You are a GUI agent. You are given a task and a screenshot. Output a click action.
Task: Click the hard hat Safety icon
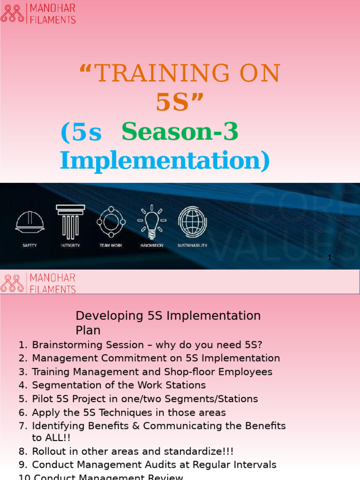pyautogui.click(x=30, y=221)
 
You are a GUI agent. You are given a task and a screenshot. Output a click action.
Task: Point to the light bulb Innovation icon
pyautogui.click(x=151, y=221)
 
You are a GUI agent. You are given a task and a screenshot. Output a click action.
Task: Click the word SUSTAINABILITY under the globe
pyautogui.click(x=192, y=245)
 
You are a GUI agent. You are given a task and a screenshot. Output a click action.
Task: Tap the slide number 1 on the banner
pyautogui.click(x=330, y=257)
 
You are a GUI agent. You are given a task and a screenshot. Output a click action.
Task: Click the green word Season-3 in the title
pyautogui.click(x=180, y=133)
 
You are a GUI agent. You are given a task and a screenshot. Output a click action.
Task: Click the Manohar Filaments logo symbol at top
pyautogui.click(x=13, y=13)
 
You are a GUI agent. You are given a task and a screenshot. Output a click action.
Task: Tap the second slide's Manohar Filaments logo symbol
pyautogui.click(x=13, y=283)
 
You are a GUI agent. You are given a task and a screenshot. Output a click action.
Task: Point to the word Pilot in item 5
pyautogui.click(x=41, y=399)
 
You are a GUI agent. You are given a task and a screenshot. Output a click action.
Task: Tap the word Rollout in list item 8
pyautogui.click(x=48, y=452)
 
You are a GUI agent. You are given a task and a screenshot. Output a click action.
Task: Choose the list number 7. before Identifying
pyautogui.click(x=23, y=426)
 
